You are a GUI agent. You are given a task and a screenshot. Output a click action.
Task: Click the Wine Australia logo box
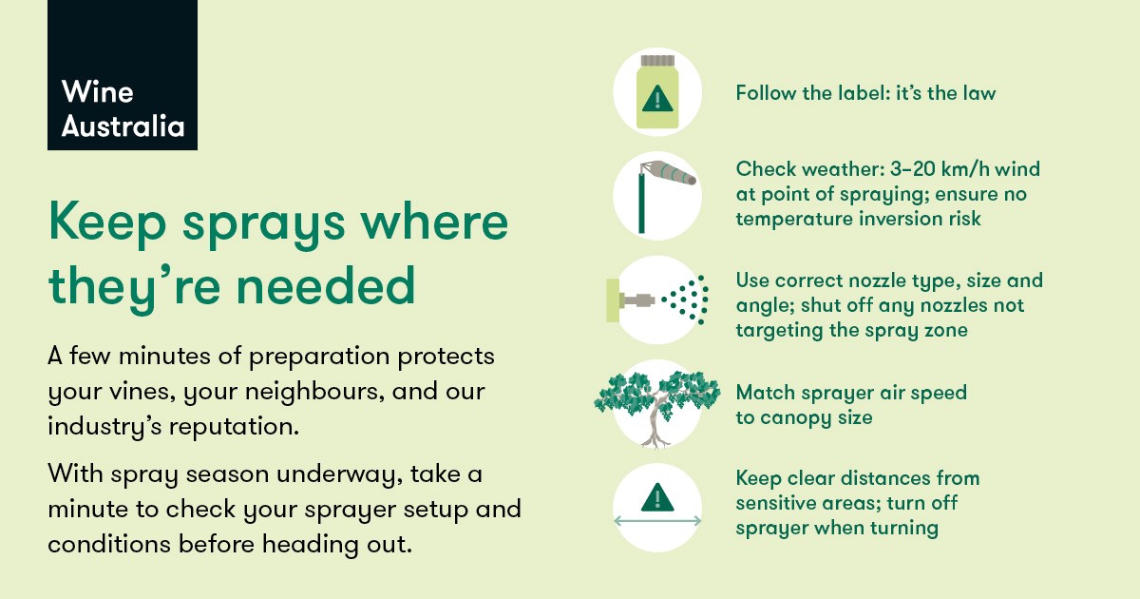pos(123,75)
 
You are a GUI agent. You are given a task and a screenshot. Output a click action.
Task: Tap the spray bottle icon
pos(657,91)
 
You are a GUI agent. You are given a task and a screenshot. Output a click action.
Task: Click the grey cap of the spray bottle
pos(657,61)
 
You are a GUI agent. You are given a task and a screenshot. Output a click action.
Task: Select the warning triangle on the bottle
pos(657,98)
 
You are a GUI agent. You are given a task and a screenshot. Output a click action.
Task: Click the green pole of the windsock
pos(642,203)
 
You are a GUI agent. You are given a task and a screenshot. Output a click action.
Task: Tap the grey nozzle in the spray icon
pos(636,300)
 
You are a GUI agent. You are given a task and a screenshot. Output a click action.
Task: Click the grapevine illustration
pos(656,405)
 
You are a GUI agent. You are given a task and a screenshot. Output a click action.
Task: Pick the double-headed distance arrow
pos(657,521)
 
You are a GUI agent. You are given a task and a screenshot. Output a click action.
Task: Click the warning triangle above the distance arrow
pos(657,497)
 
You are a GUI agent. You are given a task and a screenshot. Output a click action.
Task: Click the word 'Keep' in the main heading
pos(107,222)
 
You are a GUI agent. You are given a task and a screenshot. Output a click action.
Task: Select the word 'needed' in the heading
pos(326,286)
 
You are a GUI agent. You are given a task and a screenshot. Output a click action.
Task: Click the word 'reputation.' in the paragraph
pos(234,427)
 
